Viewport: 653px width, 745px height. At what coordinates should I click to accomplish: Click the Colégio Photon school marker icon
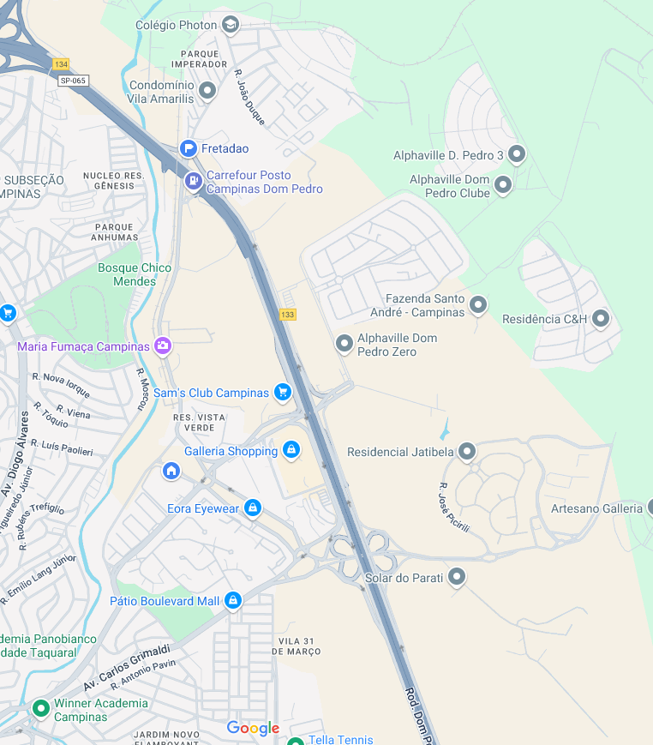click(x=230, y=24)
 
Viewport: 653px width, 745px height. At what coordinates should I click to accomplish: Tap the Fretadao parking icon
click(x=189, y=148)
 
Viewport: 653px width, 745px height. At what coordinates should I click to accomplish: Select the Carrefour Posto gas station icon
click(x=194, y=181)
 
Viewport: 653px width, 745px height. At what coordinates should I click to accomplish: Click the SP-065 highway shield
click(x=73, y=81)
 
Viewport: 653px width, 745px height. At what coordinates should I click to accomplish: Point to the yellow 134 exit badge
click(x=61, y=64)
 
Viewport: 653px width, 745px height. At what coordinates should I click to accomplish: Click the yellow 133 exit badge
click(x=288, y=315)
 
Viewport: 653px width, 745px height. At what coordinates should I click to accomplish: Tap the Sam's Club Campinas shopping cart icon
click(x=282, y=393)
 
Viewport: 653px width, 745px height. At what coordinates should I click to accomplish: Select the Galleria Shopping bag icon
click(x=291, y=450)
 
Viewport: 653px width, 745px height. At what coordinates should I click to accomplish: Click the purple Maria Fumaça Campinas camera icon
click(x=163, y=346)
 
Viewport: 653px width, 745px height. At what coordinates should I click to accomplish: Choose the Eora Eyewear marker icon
click(x=252, y=508)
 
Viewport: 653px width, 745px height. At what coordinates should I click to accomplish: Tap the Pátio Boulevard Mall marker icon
click(x=232, y=601)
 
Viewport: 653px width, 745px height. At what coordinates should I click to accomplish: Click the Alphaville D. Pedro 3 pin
click(x=516, y=154)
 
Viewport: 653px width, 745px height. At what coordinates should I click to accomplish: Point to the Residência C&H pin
click(x=601, y=319)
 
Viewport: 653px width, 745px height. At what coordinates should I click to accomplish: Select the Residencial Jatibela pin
click(x=467, y=451)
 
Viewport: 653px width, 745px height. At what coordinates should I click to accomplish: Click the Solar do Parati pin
click(x=457, y=577)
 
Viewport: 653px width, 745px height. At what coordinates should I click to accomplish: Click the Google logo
click(x=253, y=728)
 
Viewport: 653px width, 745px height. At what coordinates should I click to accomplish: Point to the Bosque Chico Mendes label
click(x=135, y=274)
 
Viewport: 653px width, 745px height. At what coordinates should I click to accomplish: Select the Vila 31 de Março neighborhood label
click(x=299, y=646)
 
